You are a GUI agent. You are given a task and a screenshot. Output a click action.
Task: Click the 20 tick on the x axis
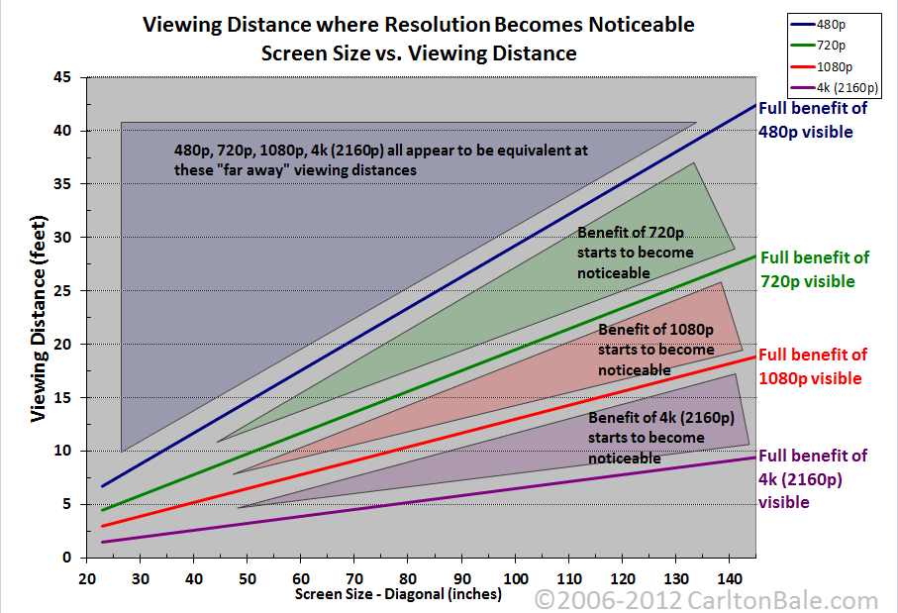87,576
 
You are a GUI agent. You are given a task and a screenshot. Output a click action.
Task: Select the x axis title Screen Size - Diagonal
398,594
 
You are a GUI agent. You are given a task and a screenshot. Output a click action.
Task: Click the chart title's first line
419,23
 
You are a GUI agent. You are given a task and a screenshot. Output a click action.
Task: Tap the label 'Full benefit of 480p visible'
813,120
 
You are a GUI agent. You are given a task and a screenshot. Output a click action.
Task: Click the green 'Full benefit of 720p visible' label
814,269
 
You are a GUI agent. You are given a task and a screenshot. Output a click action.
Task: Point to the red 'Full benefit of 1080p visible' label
812,366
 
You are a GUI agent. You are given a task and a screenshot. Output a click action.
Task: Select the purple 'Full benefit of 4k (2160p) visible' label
813,478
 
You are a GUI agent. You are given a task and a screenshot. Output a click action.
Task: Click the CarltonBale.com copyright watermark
706,600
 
